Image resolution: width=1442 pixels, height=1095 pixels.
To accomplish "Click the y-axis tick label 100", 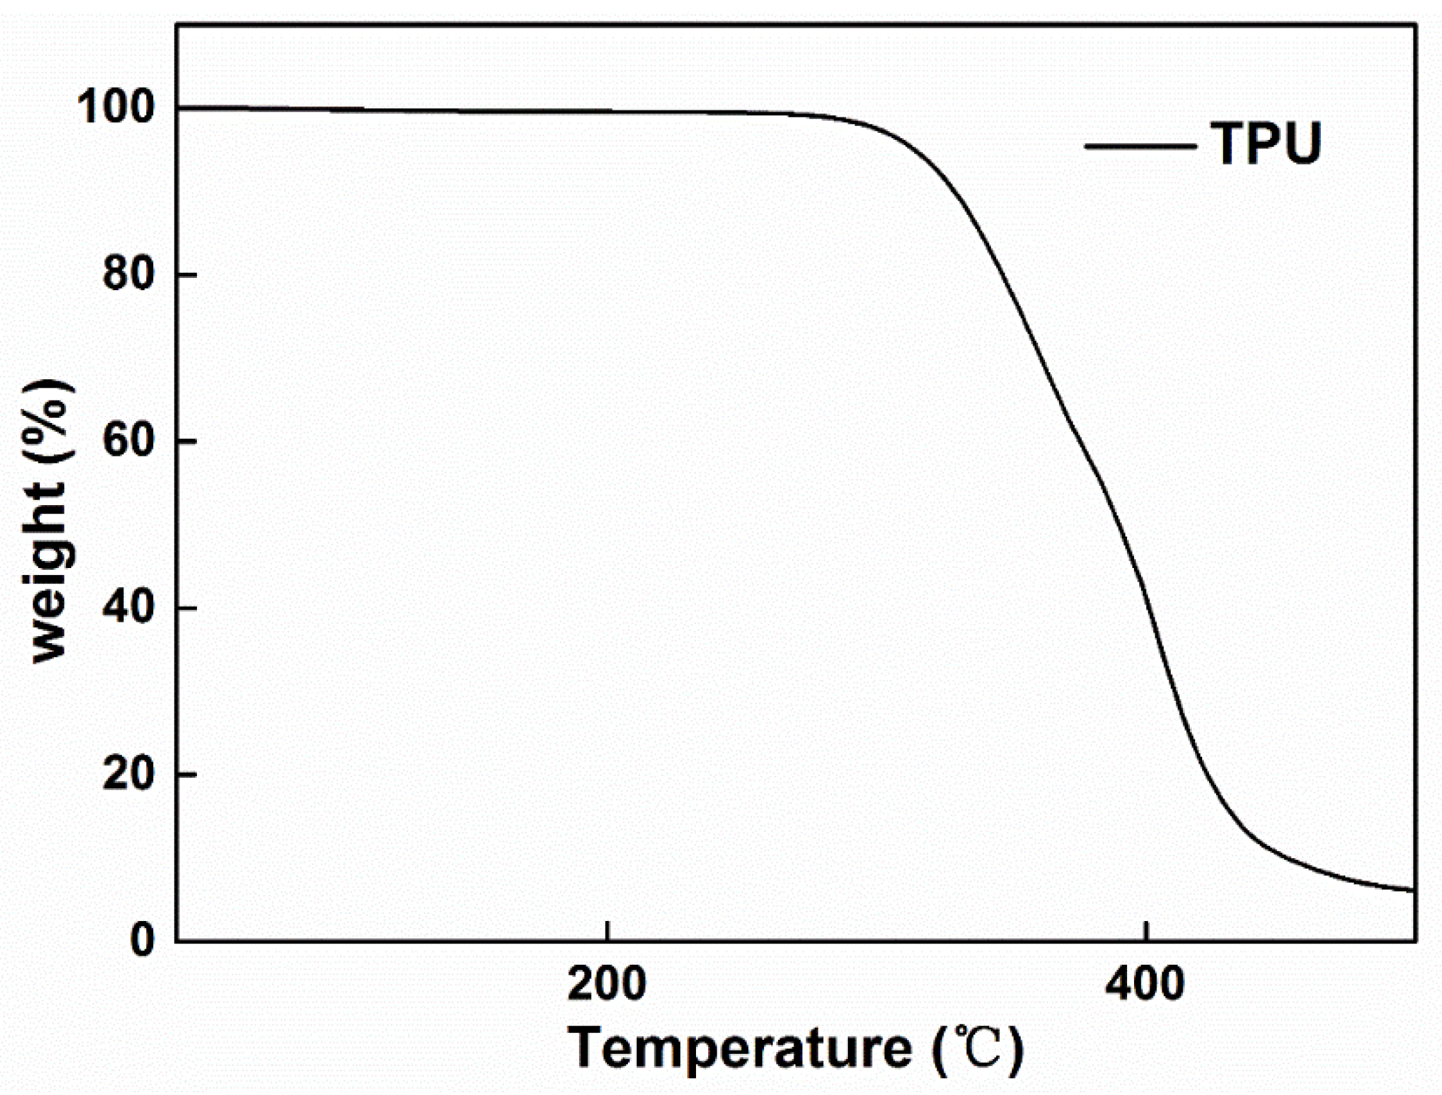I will tap(115, 107).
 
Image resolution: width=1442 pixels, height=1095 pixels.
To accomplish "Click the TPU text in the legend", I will tap(1266, 144).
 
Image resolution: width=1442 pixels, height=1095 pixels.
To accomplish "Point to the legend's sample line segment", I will tap(1140, 146).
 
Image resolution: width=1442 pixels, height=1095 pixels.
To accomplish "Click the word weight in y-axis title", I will tap(49, 574).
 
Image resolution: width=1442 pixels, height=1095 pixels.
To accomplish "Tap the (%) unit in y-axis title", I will tap(49, 424).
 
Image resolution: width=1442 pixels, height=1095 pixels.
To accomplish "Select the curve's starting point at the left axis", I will tap(178, 107).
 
